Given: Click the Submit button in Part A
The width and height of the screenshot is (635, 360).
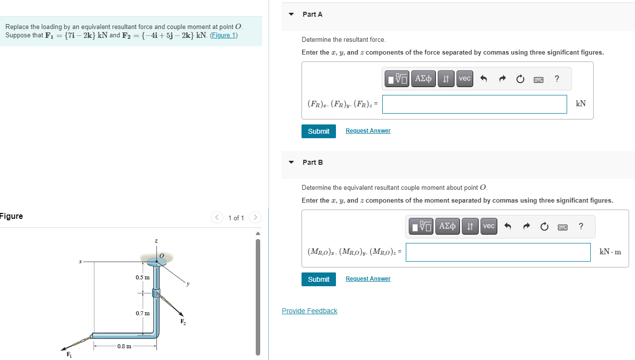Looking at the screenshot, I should click(318, 131).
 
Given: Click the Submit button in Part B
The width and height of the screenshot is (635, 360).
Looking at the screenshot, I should click(318, 279).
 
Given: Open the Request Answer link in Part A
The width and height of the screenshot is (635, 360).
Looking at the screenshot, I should click(368, 131).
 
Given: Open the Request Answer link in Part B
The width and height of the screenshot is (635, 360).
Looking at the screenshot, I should click(368, 279).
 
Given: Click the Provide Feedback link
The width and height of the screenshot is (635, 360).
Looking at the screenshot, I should click(309, 311).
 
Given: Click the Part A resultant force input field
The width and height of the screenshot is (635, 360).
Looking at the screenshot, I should click(474, 104).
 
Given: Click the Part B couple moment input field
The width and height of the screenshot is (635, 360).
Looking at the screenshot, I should click(498, 252).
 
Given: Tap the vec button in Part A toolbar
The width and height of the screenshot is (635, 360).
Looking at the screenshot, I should click(464, 79).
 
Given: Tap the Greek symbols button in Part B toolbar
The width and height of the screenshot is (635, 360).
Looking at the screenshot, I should click(447, 226).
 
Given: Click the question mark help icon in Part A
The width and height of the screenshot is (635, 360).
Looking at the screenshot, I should click(556, 79).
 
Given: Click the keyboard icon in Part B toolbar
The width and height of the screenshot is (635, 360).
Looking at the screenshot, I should click(562, 227).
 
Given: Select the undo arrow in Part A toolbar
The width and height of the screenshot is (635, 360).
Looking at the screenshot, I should click(483, 79).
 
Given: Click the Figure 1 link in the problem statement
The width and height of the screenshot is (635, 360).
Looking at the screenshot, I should click(224, 35).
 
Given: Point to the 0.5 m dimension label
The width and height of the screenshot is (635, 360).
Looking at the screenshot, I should click(143, 277).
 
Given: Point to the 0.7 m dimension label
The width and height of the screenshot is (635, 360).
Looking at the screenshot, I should click(143, 313).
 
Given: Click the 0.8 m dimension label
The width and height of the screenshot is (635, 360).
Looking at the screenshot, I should click(124, 346).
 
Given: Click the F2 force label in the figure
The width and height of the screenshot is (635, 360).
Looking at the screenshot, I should click(183, 322).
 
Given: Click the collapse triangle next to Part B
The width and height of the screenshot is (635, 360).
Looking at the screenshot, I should click(291, 162).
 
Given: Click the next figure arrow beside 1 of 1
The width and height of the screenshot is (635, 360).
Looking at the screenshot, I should click(255, 217).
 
